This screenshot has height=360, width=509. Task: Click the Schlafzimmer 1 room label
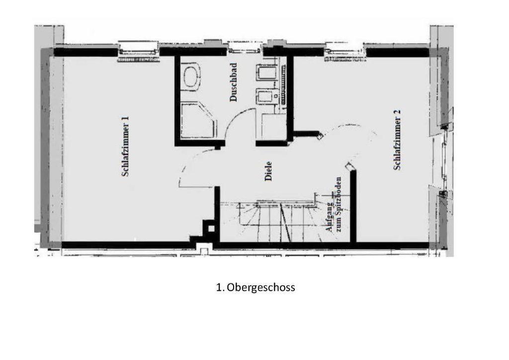tap(125, 146)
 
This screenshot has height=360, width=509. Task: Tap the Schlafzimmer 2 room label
tap(397, 140)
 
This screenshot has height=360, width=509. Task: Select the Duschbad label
tap(233, 82)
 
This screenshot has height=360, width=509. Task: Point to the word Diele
tap(268, 171)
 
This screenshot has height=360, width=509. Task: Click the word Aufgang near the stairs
tap(330, 217)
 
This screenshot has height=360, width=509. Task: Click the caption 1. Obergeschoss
tap(255, 287)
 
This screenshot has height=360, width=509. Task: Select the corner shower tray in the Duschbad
tap(198, 120)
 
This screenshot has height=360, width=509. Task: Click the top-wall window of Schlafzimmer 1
tap(138, 52)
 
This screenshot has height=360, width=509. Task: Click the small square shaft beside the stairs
tap(211, 229)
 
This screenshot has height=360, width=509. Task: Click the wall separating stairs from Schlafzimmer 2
tap(353, 206)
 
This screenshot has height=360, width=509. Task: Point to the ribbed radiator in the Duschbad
tap(284, 84)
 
